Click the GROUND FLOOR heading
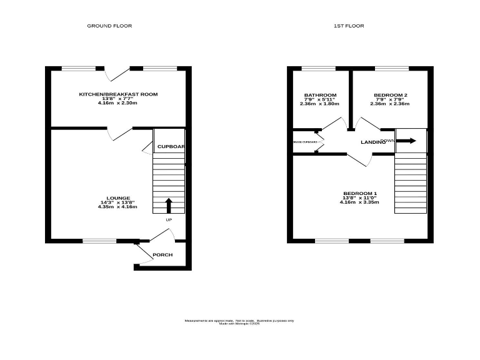pyautogui.click(x=109, y=26)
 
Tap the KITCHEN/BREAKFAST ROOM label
pyautogui.click(x=117, y=94)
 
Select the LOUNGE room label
pyautogui.click(x=117, y=197)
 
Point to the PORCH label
pyautogui.click(x=162, y=255)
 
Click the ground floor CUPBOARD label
pyautogui.click(x=170, y=146)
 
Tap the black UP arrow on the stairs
pyautogui.click(x=168, y=205)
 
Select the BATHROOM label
pyautogui.click(x=320, y=95)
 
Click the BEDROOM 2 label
pyautogui.click(x=391, y=95)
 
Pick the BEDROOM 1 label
pyautogui.click(x=360, y=193)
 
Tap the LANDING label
pyautogui.click(x=372, y=142)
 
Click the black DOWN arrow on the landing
pyautogui.click(x=405, y=141)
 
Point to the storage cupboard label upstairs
pyautogui.click(x=305, y=142)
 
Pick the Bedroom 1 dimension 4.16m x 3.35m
pyautogui.click(x=360, y=202)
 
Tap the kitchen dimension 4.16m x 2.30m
pyautogui.click(x=117, y=102)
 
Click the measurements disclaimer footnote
pyautogui.click(x=239, y=322)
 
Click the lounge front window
pyautogui.click(x=99, y=241)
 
